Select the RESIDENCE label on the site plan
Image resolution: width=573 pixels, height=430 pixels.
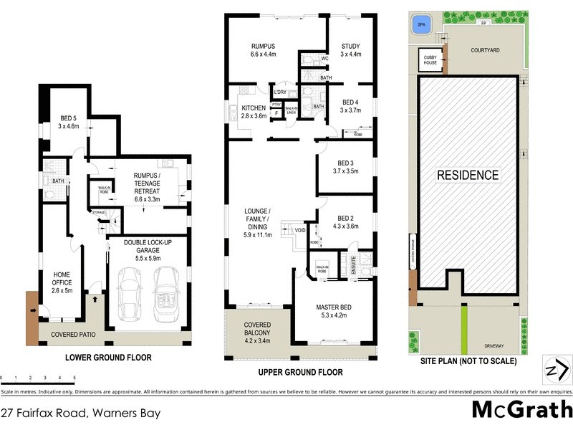pos(468,174)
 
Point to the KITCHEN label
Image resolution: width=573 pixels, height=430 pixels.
pos(253,112)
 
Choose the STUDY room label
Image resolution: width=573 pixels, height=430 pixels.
pos(350,49)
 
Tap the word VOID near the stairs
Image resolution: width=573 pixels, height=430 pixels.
pos(299,230)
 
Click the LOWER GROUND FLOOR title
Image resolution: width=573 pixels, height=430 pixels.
pos(108,357)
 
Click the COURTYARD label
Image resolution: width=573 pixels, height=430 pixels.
pos(485,50)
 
